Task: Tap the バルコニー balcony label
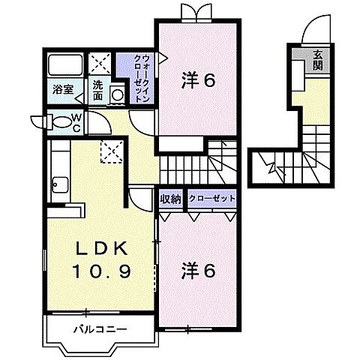tap(99, 328)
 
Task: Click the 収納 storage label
tap(170, 199)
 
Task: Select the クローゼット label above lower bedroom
tap(212, 199)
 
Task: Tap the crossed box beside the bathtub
tap(98, 63)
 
